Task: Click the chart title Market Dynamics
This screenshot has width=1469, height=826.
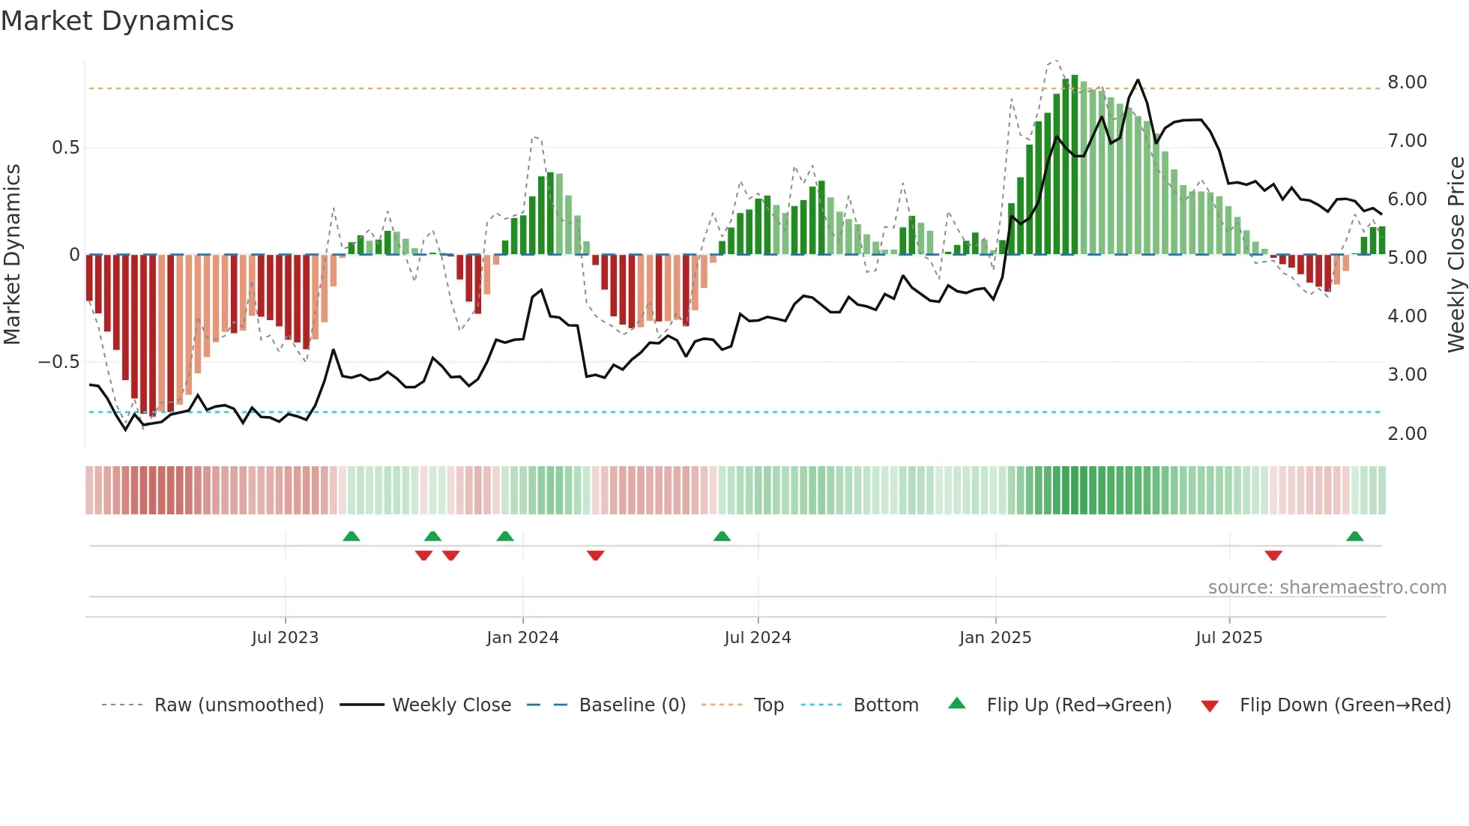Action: (x=118, y=21)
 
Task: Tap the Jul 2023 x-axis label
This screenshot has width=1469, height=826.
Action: (x=285, y=637)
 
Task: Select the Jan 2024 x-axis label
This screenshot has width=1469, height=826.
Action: (x=522, y=637)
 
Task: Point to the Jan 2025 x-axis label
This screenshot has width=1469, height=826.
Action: (x=995, y=637)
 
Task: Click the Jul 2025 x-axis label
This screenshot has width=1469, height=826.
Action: (x=1229, y=637)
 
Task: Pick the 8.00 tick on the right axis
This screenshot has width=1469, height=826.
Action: (x=1407, y=82)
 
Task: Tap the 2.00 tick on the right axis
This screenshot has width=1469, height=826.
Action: (x=1407, y=433)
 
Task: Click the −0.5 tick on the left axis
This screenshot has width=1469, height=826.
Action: (x=59, y=362)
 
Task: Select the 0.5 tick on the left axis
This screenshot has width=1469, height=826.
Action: (x=65, y=148)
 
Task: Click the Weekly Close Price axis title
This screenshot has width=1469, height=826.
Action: (x=1456, y=255)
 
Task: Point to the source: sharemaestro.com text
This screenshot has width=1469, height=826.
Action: (x=1327, y=587)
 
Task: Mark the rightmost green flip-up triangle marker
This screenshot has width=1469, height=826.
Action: (x=1354, y=537)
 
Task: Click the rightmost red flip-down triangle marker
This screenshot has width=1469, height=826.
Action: (x=1273, y=555)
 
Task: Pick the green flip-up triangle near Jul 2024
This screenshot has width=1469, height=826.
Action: (x=722, y=537)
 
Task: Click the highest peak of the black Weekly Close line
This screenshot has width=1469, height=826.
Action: (x=1138, y=80)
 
